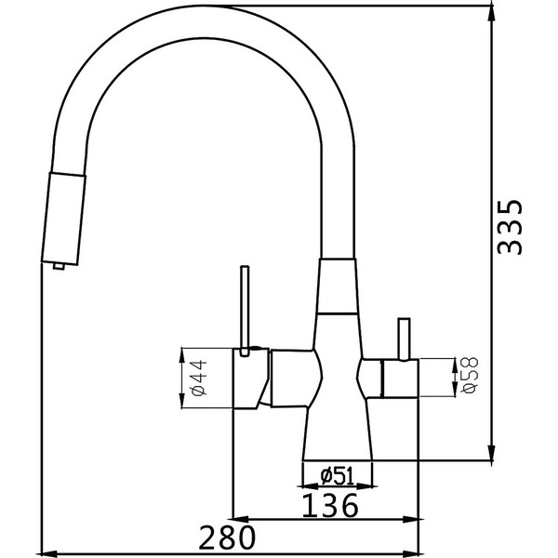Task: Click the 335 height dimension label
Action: tap(510, 227)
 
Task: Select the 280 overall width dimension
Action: tap(227, 537)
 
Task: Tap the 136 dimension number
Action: tap(329, 505)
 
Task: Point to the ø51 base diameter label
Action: tap(337, 476)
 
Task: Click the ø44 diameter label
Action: tap(199, 378)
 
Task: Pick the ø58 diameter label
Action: tap(470, 375)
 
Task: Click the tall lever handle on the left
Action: tap(245, 311)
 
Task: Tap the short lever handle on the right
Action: tap(404, 339)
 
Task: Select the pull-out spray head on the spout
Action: tap(63, 219)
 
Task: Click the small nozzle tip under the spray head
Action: tap(59, 266)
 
